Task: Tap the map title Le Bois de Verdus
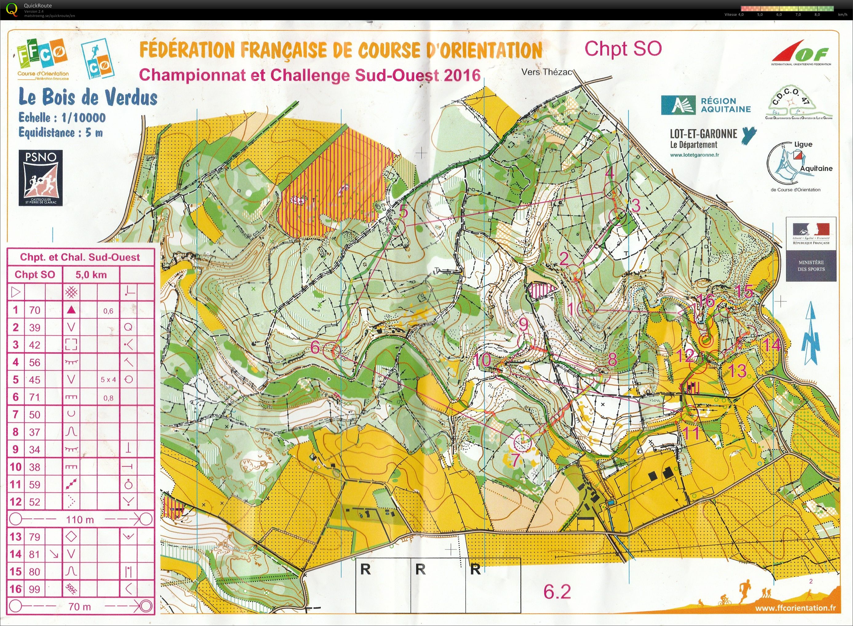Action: point(88,98)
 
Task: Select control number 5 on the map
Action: point(404,211)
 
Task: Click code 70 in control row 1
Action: point(34,310)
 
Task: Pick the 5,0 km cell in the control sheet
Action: point(91,275)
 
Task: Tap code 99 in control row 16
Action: point(34,589)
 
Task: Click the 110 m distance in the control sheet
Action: point(80,520)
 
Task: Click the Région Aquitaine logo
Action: point(706,105)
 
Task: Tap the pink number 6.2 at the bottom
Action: point(557,592)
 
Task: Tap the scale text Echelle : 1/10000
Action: point(62,118)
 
